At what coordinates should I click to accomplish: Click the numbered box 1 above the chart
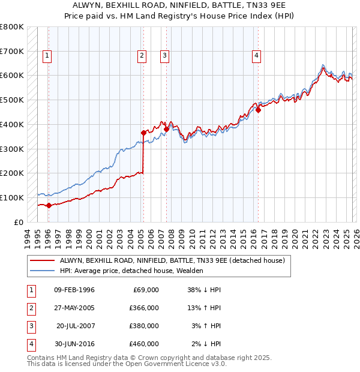point(47,56)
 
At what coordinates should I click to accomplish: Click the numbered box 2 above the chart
point(142,56)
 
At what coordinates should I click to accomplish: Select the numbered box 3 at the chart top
point(164,56)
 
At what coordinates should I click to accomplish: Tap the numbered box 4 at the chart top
point(256,56)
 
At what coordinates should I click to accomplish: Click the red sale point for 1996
point(49,205)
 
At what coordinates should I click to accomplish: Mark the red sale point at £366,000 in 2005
point(143,133)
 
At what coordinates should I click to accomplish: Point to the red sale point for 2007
point(166,129)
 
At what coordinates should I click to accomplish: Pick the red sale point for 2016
point(258,110)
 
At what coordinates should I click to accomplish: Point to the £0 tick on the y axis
point(18,222)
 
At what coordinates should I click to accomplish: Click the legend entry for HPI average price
point(131,271)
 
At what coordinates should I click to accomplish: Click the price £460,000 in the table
point(144,344)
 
